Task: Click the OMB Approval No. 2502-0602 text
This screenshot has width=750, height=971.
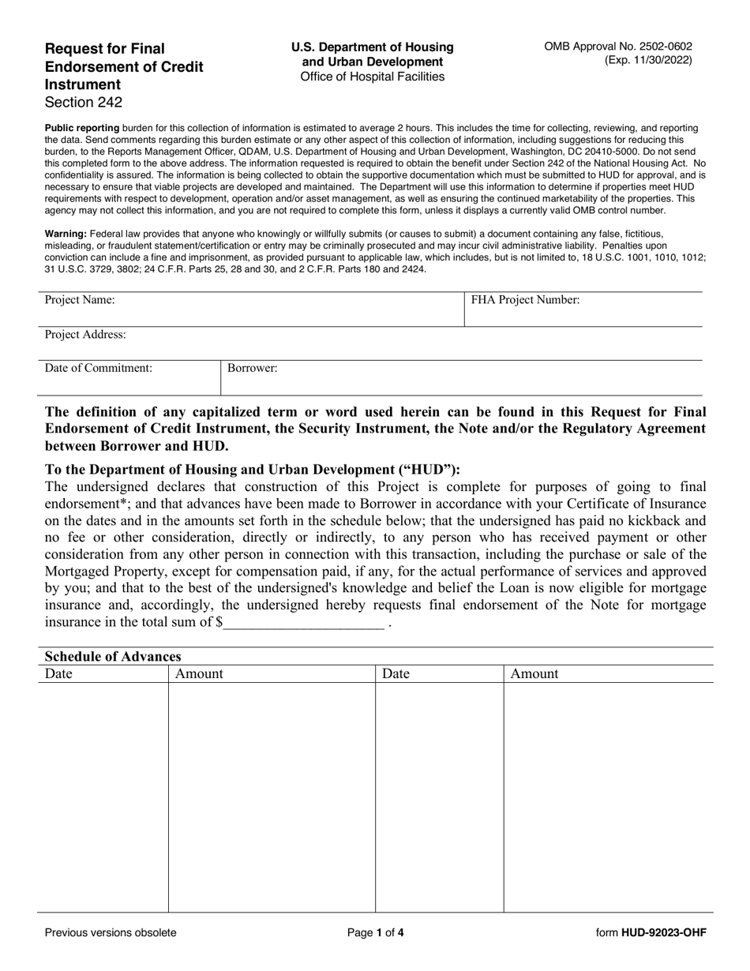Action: [617, 47]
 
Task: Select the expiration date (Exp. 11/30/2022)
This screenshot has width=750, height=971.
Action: [648, 60]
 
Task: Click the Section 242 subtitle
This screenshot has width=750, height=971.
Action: [84, 102]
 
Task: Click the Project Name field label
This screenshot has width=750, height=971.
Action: [80, 300]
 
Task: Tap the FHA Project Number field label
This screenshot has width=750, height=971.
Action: [525, 300]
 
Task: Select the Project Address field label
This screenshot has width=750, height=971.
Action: [85, 335]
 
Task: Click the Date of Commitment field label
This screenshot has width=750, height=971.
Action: [99, 368]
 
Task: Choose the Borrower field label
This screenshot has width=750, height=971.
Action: [253, 368]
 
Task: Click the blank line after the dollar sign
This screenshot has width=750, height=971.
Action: [304, 622]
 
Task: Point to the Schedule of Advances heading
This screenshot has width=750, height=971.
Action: [113, 657]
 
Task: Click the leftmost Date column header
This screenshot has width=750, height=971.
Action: [58, 674]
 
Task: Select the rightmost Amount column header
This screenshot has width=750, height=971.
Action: [534, 674]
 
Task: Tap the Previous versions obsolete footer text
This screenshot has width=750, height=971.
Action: [111, 932]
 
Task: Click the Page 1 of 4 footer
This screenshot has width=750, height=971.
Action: [376, 932]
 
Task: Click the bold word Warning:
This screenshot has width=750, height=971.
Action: [66, 234]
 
